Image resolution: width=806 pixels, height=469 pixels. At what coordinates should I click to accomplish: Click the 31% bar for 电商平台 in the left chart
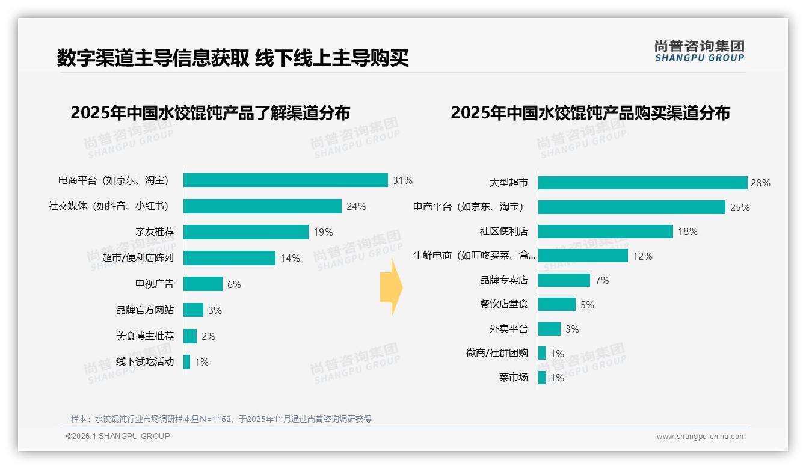coord(285,180)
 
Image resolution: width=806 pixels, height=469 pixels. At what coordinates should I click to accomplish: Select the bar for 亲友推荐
coord(245,232)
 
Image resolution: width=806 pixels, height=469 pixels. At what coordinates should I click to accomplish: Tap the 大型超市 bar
coord(642,183)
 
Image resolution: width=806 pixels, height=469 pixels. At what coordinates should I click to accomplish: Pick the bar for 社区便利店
coord(605,231)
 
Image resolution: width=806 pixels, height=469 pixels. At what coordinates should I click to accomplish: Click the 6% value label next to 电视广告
coord(234,284)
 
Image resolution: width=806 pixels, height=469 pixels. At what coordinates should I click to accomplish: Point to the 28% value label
coord(760,183)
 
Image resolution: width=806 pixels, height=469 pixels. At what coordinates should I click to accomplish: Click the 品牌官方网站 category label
coord(144,310)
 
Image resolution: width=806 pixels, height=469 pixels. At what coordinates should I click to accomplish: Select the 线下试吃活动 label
coord(144,362)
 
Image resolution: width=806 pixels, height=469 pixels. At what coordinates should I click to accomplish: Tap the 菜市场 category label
coord(513,378)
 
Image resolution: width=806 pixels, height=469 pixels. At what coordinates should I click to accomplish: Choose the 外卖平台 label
coord(508,329)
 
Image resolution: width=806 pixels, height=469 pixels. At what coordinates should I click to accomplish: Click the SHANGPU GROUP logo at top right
coord(699,51)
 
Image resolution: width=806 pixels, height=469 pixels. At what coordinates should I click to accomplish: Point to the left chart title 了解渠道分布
coord(210,113)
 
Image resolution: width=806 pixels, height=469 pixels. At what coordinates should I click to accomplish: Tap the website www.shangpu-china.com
coord(701,437)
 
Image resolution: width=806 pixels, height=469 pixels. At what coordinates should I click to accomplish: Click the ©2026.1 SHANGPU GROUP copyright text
coord(118,436)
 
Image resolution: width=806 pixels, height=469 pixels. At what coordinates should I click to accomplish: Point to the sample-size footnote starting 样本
coord(221,419)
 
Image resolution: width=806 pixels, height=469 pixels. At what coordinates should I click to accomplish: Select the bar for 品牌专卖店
coord(564,280)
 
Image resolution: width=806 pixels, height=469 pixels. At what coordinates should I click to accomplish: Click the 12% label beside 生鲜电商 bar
coord(642,256)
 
